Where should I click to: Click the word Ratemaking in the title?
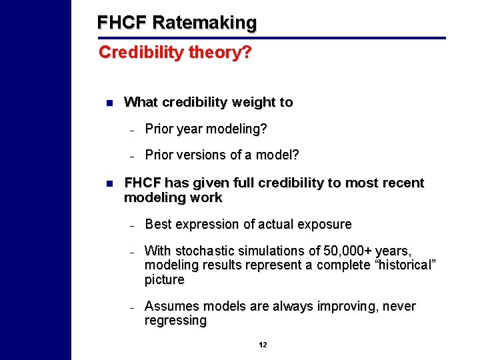pos(204,23)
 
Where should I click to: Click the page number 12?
pos(263,345)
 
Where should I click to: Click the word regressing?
pos(175,321)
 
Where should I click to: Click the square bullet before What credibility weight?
pos(109,103)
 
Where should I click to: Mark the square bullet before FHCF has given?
pos(109,183)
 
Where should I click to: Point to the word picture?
pos(164,280)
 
